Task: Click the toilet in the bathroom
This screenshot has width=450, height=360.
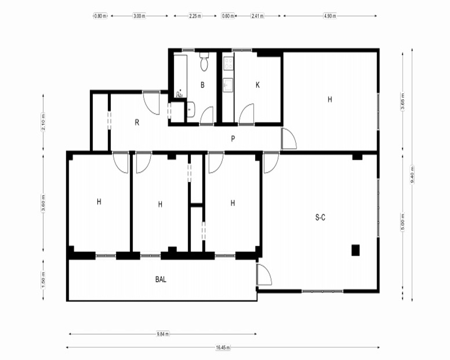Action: (204, 62)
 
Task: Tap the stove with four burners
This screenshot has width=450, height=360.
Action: (229, 63)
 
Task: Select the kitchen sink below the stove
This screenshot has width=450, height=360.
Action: (229, 85)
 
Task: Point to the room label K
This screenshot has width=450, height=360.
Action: (257, 85)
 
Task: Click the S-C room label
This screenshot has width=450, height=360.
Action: (320, 218)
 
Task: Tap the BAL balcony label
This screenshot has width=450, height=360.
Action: (161, 279)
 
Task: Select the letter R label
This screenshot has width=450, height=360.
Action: (137, 122)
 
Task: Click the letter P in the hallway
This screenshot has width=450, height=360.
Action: (233, 139)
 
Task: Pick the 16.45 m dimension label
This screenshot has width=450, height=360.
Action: (223, 348)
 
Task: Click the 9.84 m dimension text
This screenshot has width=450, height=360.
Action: (163, 334)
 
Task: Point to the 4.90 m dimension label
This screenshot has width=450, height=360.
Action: (330, 16)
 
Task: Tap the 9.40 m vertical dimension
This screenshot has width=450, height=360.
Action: (412, 175)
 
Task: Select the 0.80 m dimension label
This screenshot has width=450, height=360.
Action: (100, 16)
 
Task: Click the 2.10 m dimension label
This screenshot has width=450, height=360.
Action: (43, 122)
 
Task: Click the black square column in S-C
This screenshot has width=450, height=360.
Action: (355, 250)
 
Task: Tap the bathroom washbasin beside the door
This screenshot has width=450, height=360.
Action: (191, 109)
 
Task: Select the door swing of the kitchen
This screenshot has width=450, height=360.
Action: (247, 114)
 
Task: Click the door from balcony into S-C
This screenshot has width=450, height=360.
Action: (264, 274)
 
